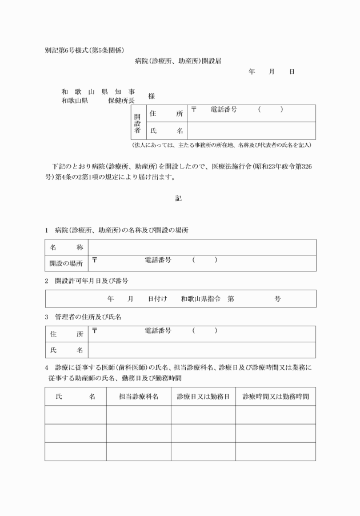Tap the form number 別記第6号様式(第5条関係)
[x=85, y=50]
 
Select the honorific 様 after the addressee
[x=151, y=97]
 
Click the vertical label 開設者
[x=137, y=122]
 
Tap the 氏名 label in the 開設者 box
[x=166, y=131]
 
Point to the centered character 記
[x=178, y=199]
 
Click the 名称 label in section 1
[x=67, y=247]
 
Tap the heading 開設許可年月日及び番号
[x=91, y=281]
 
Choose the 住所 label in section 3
[x=67, y=334]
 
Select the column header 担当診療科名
[x=138, y=396]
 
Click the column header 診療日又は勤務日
[x=203, y=396]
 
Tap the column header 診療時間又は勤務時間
[x=275, y=396]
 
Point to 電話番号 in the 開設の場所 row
[x=158, y=260]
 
